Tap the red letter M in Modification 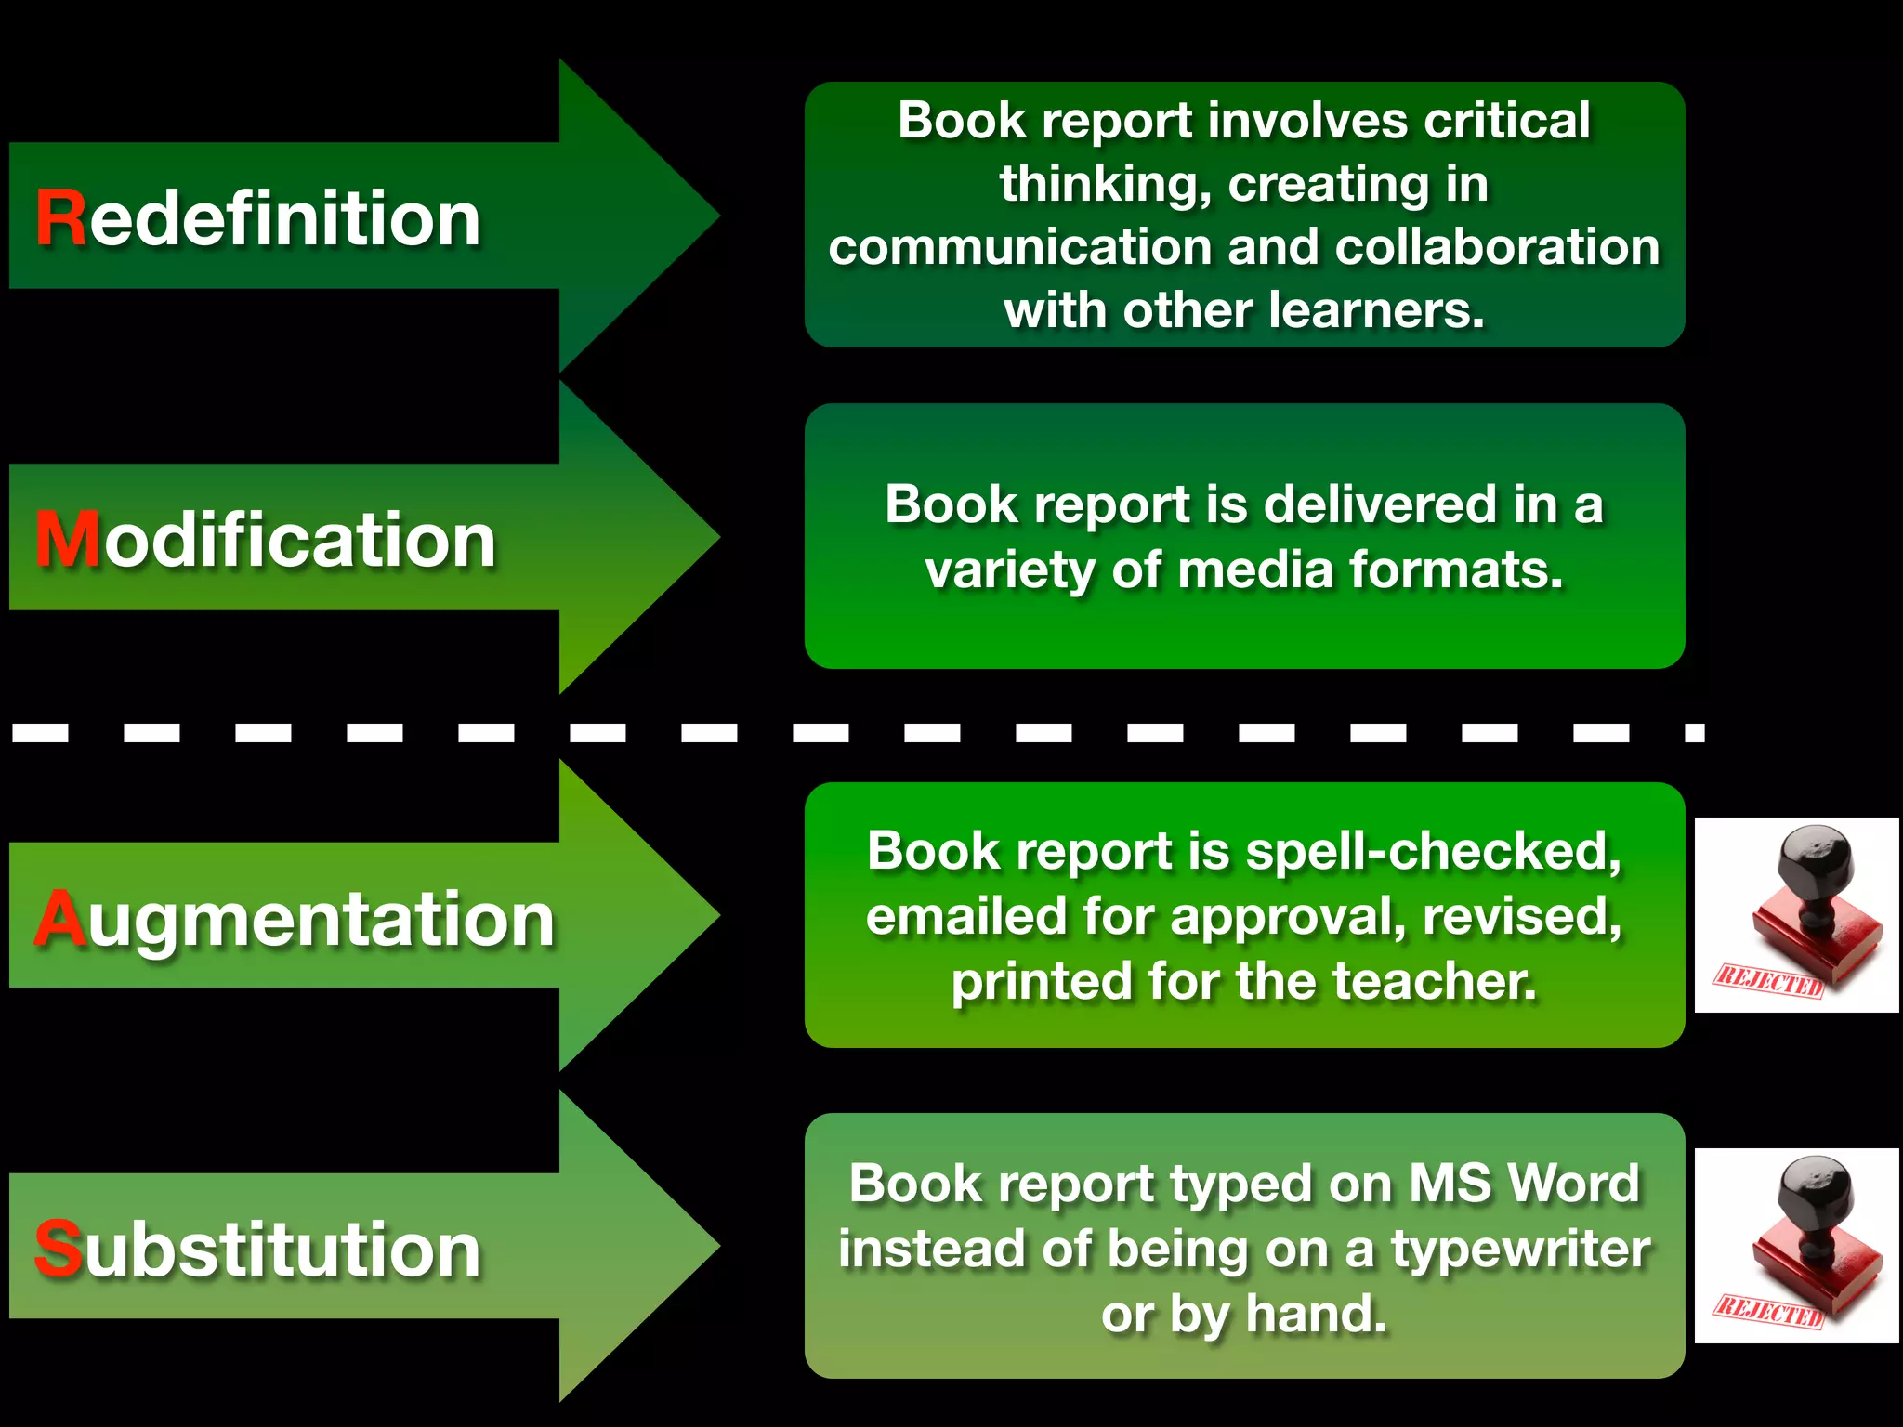(67, 540)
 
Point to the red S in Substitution (58, 1249)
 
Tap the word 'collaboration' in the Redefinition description (1497, 247)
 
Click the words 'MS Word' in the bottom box (1524, 1184)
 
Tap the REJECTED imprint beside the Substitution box (1768, 1310)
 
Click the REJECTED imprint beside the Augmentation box (1768, 979)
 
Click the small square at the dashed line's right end (1694, 733)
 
